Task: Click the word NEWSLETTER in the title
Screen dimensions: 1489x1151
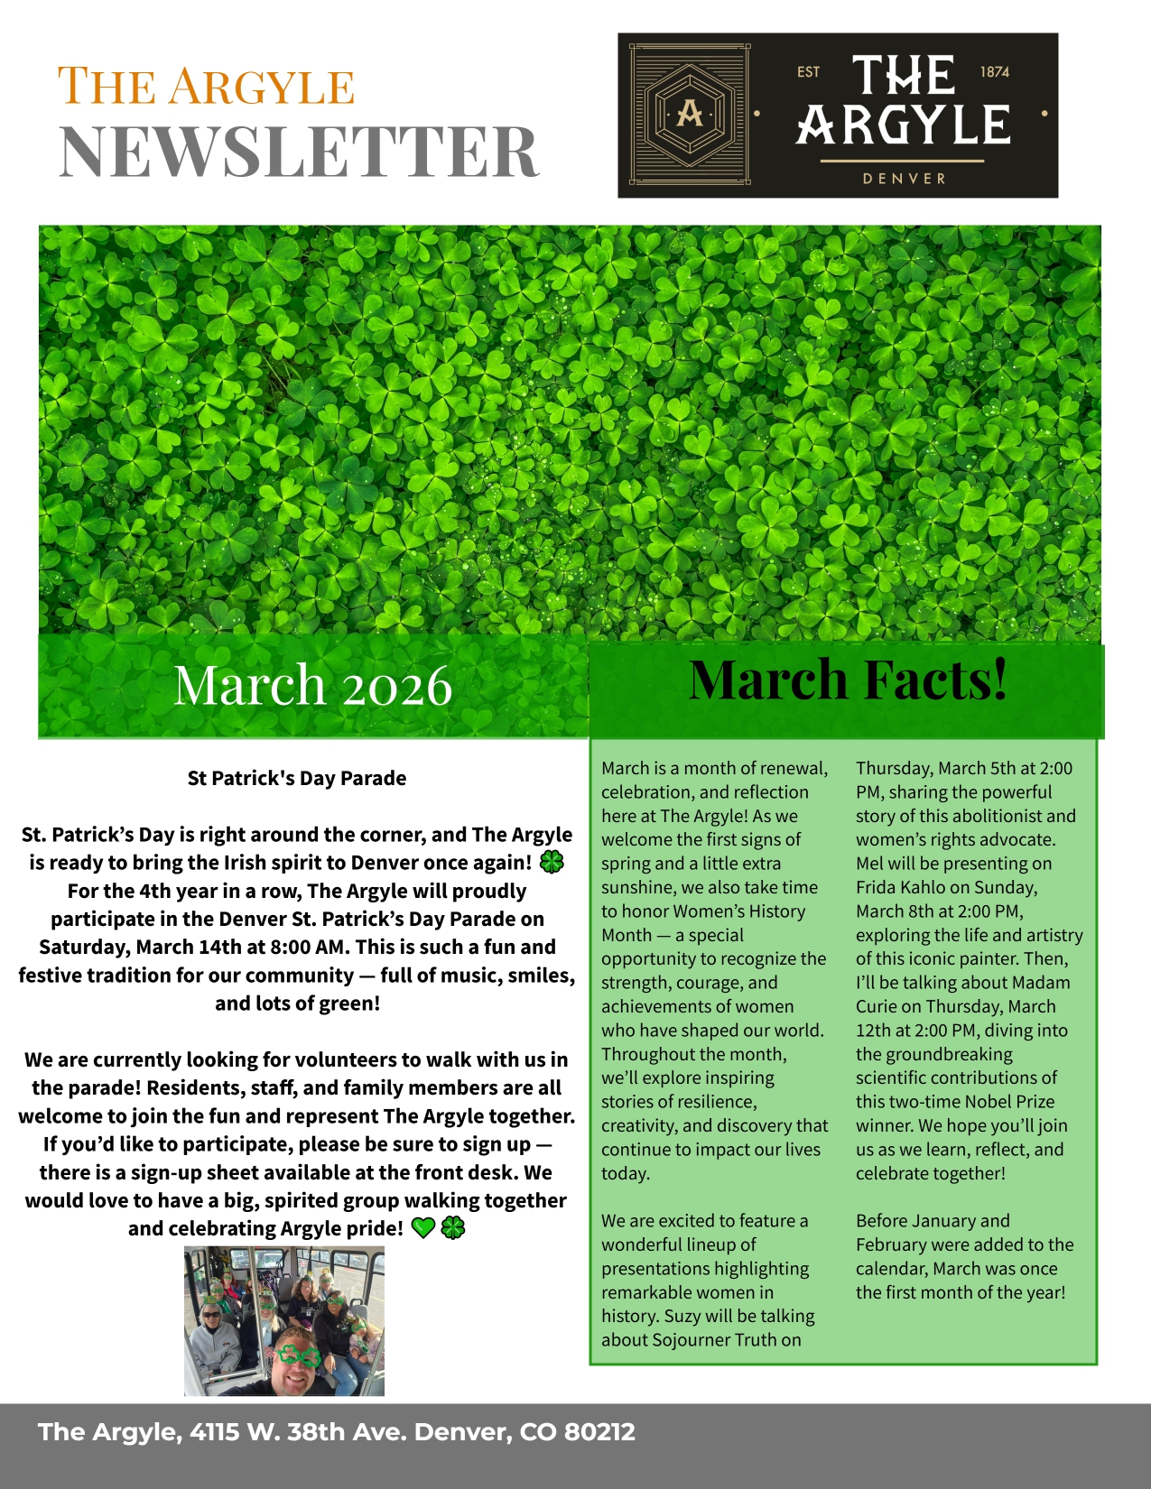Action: pyautogui.click(x=299, y=152)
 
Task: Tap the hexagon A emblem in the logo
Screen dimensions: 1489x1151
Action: pyautogui.click(x=689, y=114)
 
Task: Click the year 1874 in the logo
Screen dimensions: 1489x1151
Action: pyautogui.click(x=994, y=72)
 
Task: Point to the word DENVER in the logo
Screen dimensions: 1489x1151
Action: pyautogui.click(x=904, y=179)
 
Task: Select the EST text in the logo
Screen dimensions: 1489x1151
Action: pyautogui.click(x=808, y=72)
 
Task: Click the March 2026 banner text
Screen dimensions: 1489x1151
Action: pyautogui.click(x=312, y=686)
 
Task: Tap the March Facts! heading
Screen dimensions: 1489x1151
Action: pyautogui.click(x=847, y=680)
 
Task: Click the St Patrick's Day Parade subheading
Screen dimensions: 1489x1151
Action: pyautogui.click(x=296, y=778)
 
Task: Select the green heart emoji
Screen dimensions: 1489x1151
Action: pyautogui.click(x=422, y=1228)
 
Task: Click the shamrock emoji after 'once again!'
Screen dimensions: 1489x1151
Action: pyautogui.click(x=551, y=863)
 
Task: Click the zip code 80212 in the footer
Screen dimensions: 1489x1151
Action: pyautogui.click(x=599, y=1432)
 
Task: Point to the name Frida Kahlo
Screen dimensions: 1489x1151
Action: pyautogui.click(x=900, y=887)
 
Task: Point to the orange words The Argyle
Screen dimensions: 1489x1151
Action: pyautogui.click(x=206, y=87)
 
